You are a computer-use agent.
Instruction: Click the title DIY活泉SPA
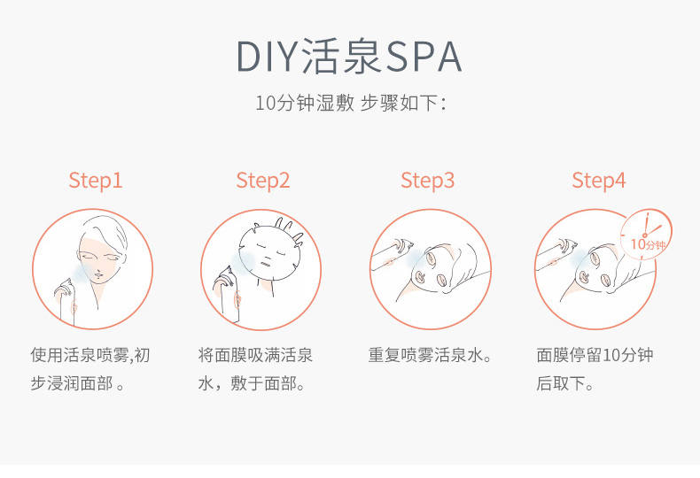click(x=349, y=57)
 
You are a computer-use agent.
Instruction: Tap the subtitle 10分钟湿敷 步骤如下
click(x=351, y=103)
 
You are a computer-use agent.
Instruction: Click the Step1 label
click(x=96, y=181)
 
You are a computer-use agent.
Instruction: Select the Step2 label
click(x=263, y=181)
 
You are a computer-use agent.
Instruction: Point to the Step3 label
click(x=428, y=181)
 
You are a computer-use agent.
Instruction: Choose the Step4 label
click(x=599, y=181)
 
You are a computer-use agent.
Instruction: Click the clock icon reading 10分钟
click(x=646, y=234)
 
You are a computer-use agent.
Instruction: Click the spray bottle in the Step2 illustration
click(x=228, y=293)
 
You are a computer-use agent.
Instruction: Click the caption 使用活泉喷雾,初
click(x=90, y=355)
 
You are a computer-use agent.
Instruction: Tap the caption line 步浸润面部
click(x=77, y=383)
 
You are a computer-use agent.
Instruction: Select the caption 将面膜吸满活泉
click(x=255, y=355)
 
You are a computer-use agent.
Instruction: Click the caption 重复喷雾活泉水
click(x=430, y=355)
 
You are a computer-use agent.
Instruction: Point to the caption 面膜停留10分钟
click(x=595, y=355)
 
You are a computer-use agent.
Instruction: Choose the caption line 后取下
click(x=564, y=383)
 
